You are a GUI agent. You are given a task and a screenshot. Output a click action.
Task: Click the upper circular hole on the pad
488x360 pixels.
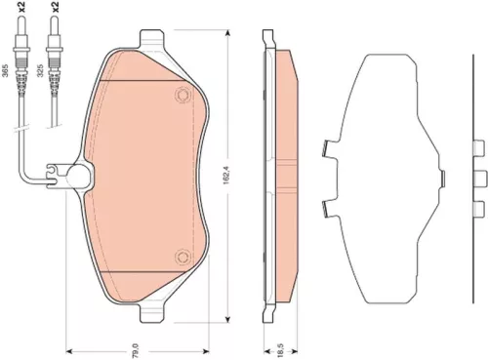pyautogui.click(x=182, y=95)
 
